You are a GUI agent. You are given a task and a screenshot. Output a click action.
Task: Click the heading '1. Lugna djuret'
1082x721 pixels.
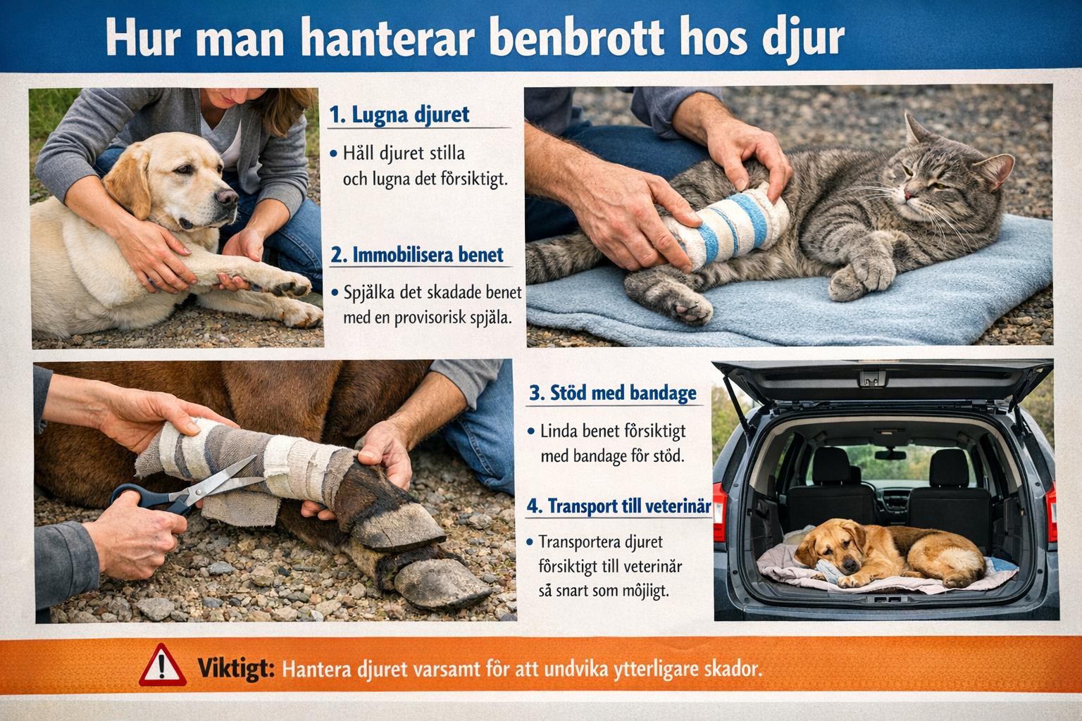click(x=399, y=115)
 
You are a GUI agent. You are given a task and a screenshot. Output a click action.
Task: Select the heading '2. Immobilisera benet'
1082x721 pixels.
click(x=417, y=254)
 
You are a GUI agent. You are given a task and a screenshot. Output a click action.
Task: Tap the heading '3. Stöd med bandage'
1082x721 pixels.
click(x=612, y=393)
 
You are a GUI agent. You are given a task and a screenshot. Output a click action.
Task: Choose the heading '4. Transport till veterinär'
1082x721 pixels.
click(x=618, y=506)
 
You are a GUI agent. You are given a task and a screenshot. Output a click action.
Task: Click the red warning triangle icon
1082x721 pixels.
click(x=162, y=665)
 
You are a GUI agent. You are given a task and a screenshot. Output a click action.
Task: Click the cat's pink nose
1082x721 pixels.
click(x=907, y=194)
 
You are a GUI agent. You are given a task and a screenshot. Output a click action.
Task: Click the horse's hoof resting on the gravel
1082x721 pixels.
click(x=442, y=585)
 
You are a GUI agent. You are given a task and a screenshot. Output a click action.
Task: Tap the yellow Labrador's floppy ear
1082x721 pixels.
click(x=128, y=183)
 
